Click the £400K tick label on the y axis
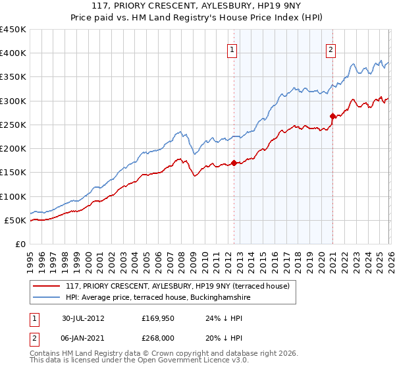[x=13, y=53]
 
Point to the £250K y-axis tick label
[x=13, y=125]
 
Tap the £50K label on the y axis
[x=15, y=220]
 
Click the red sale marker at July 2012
[x=234, y=163]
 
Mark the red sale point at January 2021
[x=332, y=116]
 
